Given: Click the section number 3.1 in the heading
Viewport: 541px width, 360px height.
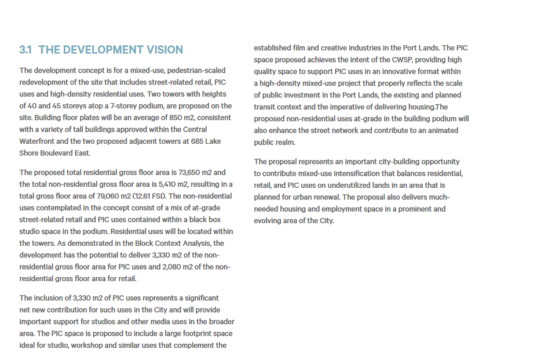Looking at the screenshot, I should [25, 50].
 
